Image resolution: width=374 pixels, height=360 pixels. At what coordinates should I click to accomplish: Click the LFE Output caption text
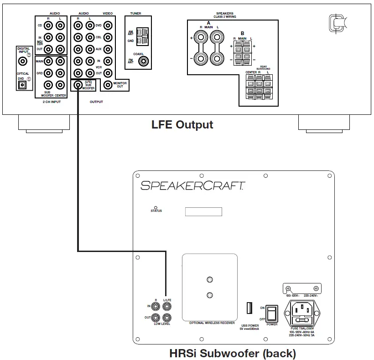click(x=182, y=124)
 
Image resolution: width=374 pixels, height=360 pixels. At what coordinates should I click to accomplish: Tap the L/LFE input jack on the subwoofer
click(x=167, y=307)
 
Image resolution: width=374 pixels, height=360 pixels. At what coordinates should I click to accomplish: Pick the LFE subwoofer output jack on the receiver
click(x=78, y=84)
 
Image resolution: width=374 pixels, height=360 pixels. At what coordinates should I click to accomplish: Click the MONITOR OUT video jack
click(x=108, y=84)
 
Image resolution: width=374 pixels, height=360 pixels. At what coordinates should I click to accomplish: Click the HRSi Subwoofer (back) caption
click(x=232, y=353)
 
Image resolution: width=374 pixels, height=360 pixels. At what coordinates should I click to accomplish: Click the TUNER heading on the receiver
click(x=135, y=14)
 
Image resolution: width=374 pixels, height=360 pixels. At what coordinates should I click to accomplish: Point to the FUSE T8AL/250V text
click(x=301, y=328)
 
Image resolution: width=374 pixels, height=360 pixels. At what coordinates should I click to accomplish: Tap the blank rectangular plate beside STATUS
click(x=203, y=211)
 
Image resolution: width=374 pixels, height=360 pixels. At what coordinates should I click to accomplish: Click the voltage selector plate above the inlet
click(x=302, y=288)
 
